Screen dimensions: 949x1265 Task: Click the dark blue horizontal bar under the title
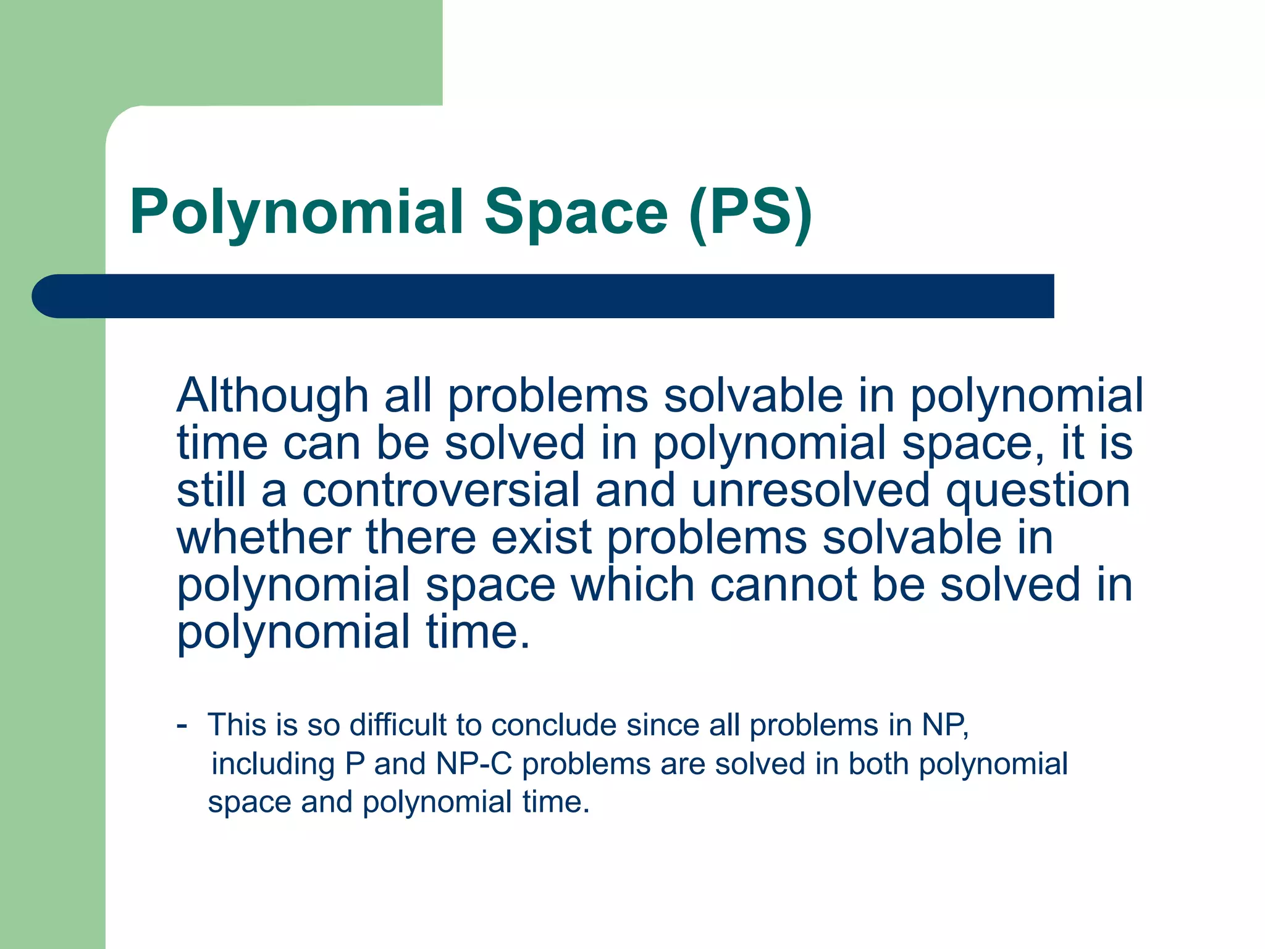(544, 296)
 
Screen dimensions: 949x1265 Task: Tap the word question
(1038, 491)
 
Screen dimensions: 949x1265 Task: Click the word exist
(542, 537)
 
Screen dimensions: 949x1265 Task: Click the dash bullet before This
(182, 724)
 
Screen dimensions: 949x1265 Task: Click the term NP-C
(474, 764)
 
